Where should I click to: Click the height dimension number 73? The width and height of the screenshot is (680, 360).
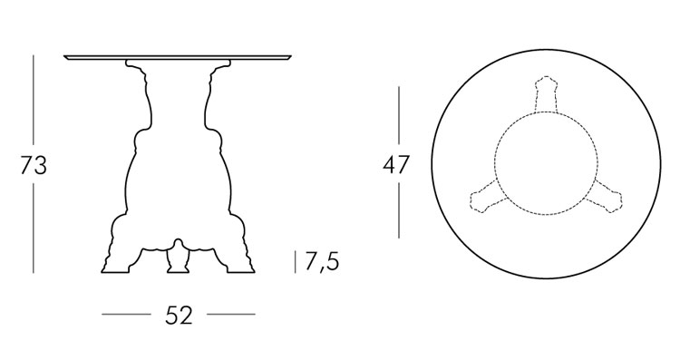point(33,166)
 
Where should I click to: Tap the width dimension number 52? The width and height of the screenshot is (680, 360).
point(179,316)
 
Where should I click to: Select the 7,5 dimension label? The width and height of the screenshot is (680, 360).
point(322,262)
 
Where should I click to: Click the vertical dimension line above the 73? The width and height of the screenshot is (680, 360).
point(34,100)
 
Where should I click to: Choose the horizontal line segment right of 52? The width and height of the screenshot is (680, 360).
point(231,315)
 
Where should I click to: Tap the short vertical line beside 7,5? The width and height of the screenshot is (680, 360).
point(296,261)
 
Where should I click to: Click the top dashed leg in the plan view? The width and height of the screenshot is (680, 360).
point(546,95)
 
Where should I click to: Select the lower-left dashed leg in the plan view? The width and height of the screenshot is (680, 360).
point(481,197)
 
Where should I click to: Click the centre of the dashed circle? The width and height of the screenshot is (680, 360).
point(546,161)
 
